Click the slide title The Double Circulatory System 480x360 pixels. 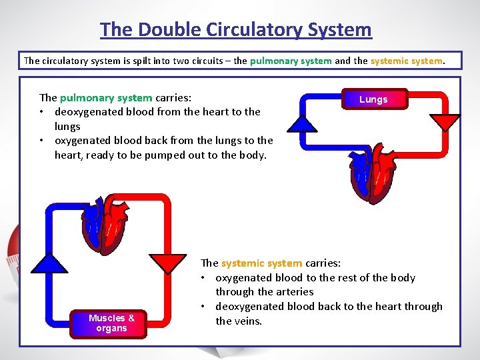pos(236,30)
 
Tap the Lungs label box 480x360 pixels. pos(373,99)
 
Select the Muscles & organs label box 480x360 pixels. pos(111,323)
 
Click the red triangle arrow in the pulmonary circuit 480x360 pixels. pos(445,123)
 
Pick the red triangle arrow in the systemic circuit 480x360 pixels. pos(168,263)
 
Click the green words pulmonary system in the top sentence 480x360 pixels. pos(291,61)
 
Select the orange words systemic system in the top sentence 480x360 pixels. pos(407,61)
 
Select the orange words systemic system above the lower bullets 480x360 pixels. pos(262,263)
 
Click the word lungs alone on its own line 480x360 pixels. pos(67,126)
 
